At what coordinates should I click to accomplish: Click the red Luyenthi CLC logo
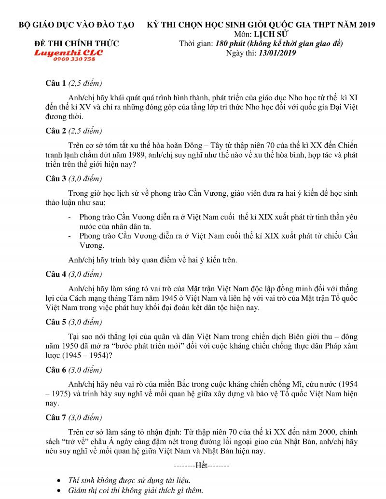tap(68, 53)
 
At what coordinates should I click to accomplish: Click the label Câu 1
tap(55, 83)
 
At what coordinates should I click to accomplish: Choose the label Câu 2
tap(55, 131)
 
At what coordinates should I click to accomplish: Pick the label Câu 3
tap(55, 178)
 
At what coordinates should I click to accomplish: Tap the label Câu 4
tap(55, 274)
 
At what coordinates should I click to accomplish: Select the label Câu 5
tap(55, 322)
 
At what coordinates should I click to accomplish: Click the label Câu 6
tap(55, 369)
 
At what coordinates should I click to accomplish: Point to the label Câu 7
tap(55, 417)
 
